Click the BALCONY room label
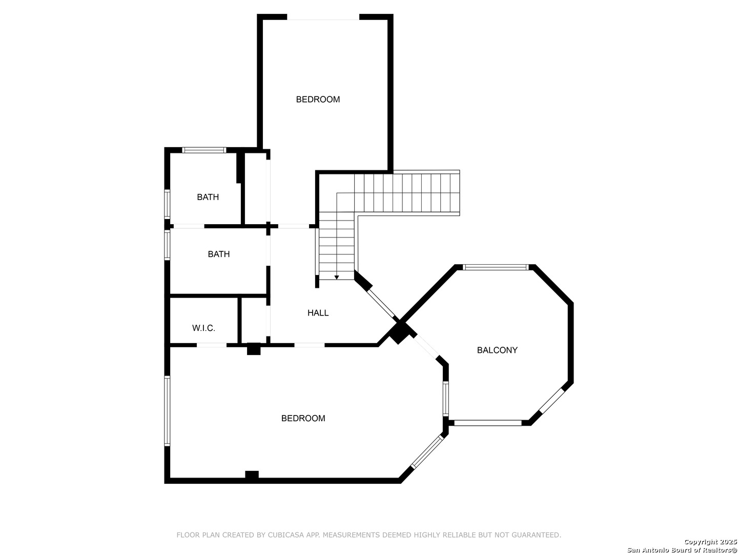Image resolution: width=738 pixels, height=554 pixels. click(497, 350)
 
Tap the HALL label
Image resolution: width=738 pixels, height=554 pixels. click(318, 313)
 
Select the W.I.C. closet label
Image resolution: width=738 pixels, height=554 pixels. click(203, 328)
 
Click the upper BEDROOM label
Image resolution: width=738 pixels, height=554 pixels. click(318, 99)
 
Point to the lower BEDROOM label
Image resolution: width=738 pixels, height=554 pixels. click(303, 418)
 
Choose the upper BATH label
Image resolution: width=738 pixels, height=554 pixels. click(208, 197)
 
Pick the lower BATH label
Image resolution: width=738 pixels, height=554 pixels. click(218, 254)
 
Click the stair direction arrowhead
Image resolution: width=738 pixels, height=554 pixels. click(337, 277)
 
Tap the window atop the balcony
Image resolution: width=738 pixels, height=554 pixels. click(496, 267)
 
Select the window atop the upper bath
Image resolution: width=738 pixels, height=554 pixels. click(204, 150)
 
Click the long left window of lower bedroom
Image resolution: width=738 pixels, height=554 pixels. click(167, 411)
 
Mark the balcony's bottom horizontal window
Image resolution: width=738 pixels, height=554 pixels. click(488, 423)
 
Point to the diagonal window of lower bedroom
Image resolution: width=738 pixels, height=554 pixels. click(427, 451)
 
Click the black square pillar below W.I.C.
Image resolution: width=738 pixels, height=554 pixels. click(254, 348)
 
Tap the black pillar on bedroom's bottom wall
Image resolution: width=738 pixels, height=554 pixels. click(252, 476)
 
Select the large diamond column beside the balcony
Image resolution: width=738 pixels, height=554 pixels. click(399, 333)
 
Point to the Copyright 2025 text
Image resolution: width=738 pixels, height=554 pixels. click(710, 542)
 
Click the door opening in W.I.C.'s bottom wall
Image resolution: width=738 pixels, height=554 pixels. click(212, 345)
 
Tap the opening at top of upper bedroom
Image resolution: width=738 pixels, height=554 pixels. click(323, 17)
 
